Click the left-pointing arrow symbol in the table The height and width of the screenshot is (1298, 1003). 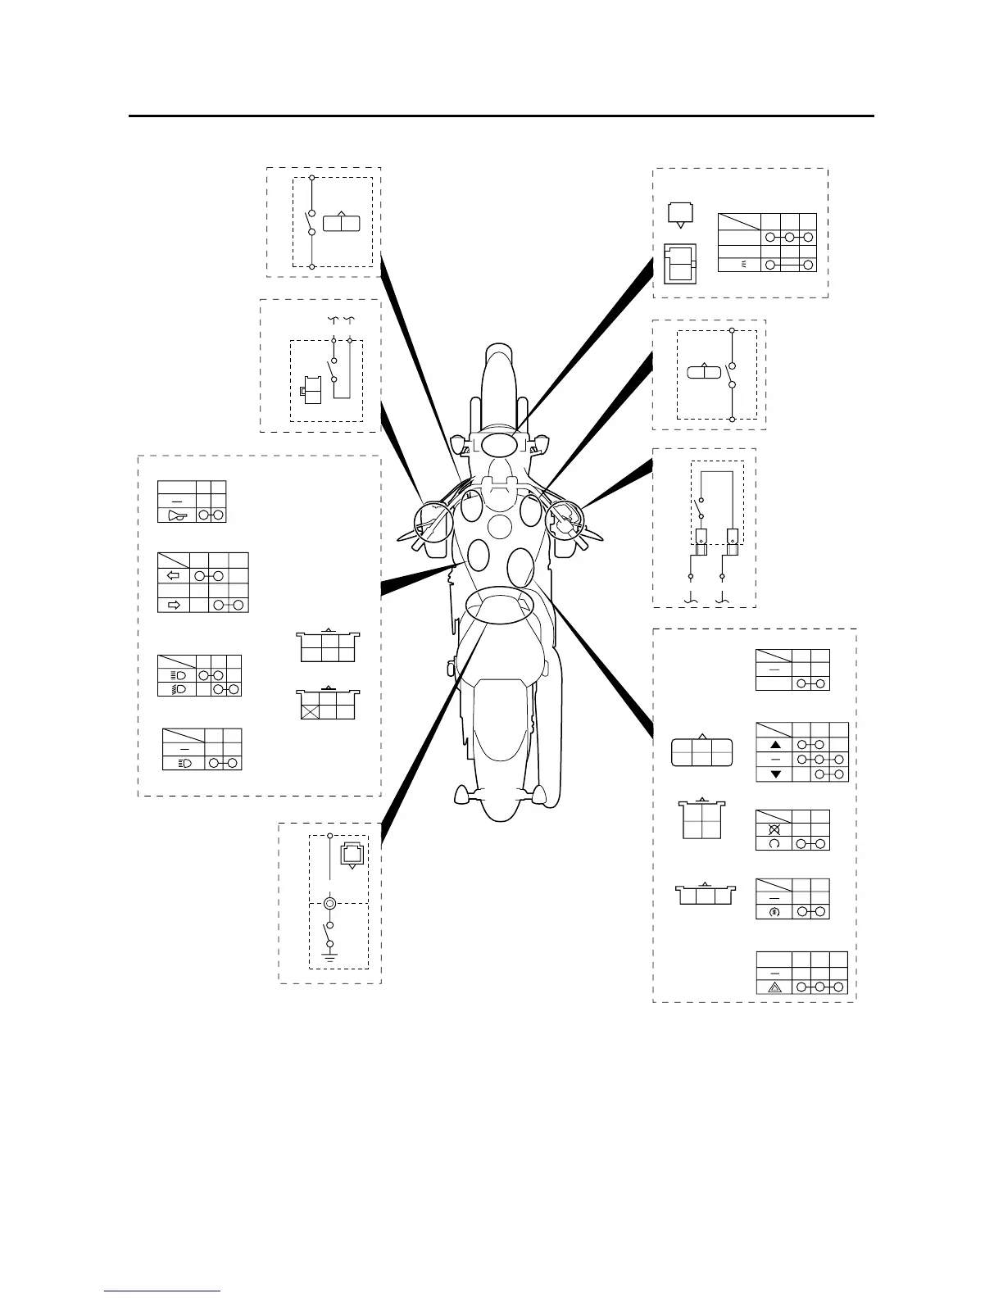[x=173, y=576]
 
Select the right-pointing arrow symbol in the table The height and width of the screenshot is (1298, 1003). [x=173, y=606]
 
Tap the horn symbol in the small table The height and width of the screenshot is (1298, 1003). [x=176, y=515]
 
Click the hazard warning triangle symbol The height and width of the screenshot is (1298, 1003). [x=774, y=987]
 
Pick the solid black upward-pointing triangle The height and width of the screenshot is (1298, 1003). [x=774, y=745]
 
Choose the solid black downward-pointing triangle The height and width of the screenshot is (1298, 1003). [x=774, y=774]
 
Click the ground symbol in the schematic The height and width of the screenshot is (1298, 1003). [x=330, y=955]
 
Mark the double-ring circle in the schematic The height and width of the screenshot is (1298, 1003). [x=329, y=904]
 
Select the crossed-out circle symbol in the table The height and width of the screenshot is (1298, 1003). [x=774, y=828]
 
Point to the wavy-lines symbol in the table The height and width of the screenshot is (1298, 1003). [x=745, y=265]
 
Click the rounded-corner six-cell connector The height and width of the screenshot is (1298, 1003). [x=701, y=752]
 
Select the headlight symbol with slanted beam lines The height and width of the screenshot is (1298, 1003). [x=177, y=690]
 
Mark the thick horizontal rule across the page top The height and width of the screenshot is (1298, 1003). [x=501, y=116]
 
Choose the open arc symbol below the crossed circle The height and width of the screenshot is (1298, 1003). [x=774, y=844]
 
